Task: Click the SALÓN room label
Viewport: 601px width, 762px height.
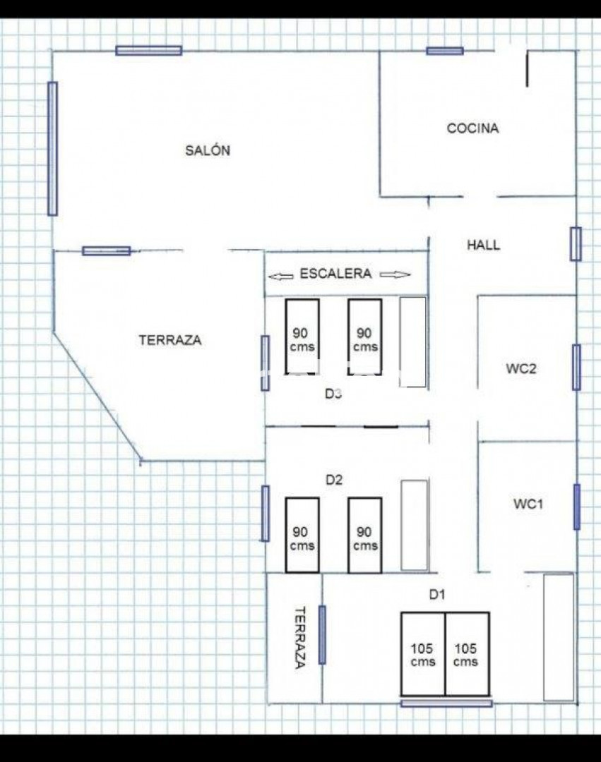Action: [x=208, y=150]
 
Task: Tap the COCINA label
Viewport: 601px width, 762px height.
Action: [x=472, y=128]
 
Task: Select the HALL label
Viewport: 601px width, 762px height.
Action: [x=483, y=245]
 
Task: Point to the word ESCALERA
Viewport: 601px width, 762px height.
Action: [x=335, y=274]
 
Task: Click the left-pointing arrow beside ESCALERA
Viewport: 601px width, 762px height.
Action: [x=281, y=276]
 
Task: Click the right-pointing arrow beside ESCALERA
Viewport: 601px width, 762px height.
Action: [x=395, y=274]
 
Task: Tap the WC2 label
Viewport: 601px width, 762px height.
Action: [x=520, y=368]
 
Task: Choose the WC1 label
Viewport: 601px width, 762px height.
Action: [x=528, y=504]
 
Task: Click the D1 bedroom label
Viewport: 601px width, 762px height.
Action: [x=436, y=594]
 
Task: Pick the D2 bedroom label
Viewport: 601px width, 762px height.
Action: [x=333, y=480]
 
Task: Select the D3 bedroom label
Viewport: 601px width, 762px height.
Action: [x=333, y=394]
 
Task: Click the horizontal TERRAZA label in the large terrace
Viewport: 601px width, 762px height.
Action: [x=170, y=340]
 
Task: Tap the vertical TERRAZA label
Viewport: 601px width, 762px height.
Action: [x=301, y=637]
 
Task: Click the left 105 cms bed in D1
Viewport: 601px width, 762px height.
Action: [x=423, y=654]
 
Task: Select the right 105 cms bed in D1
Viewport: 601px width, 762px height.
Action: [x=468, y=654]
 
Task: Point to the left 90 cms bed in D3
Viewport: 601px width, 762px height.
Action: [x=302, y=337]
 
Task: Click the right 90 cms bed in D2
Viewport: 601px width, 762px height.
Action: [x=364, y=535]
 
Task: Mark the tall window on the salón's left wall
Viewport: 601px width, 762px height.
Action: [x=52, y=148]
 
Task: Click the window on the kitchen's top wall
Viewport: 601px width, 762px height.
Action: [x=445, y=51]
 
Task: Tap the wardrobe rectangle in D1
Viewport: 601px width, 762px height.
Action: [x=559, y=637]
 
